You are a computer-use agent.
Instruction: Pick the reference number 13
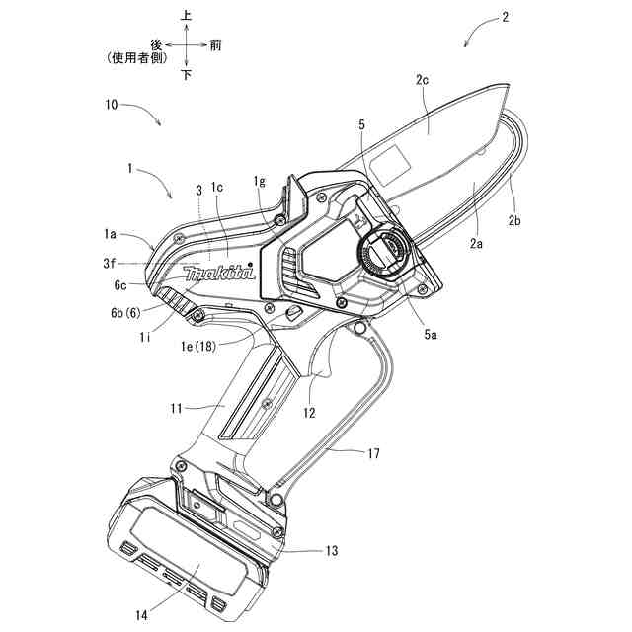(x=332, y=550)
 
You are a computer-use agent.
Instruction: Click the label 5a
(x=432, y=336)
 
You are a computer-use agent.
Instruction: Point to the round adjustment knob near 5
(x=383, y=253)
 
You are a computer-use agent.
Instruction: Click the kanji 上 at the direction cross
(x=187, y=16)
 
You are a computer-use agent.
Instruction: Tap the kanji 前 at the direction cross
(x=215, y=44)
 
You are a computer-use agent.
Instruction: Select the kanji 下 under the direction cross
(x=187, y=75)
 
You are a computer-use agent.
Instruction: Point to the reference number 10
(x=113, y=102)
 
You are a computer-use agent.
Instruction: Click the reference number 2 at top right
(x=506, y=17)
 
